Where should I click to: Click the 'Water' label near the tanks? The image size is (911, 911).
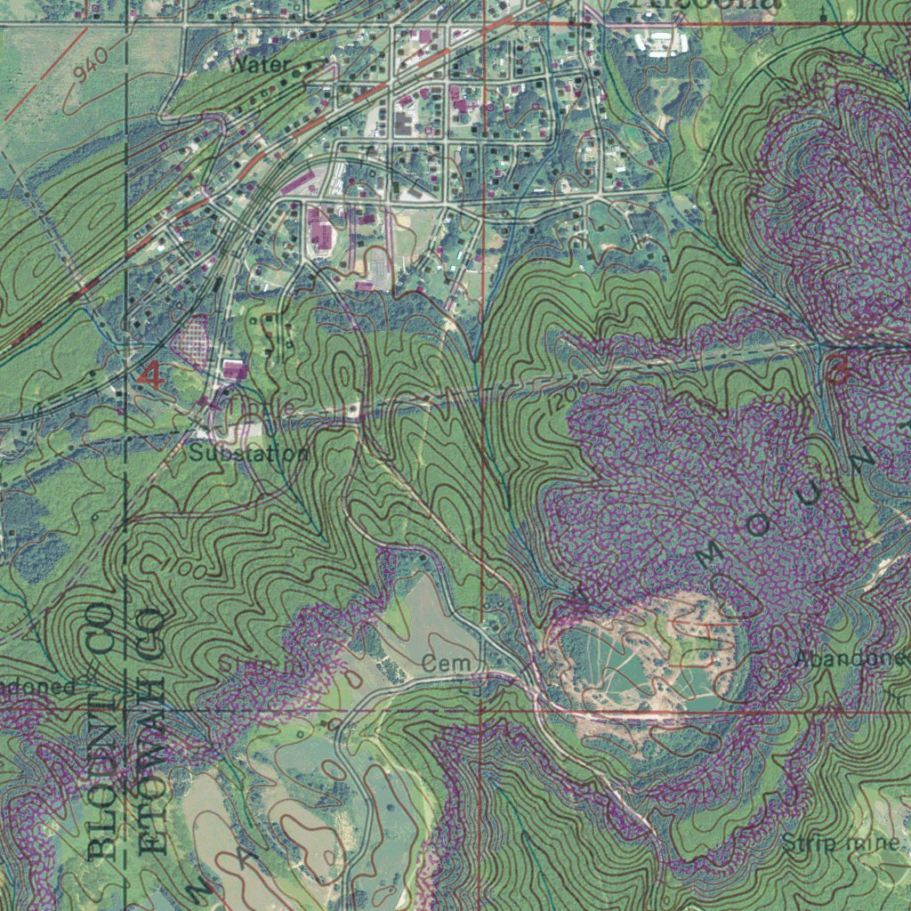point(259,66)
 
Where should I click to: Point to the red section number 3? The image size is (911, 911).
point(837,369)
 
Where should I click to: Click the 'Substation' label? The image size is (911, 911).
point(249,453)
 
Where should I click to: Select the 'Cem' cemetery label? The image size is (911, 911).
point(439,663)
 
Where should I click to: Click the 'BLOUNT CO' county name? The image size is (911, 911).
point(105,730)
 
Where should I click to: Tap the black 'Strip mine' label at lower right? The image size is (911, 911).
point(842,842)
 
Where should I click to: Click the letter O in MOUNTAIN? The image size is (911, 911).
point(758,524)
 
